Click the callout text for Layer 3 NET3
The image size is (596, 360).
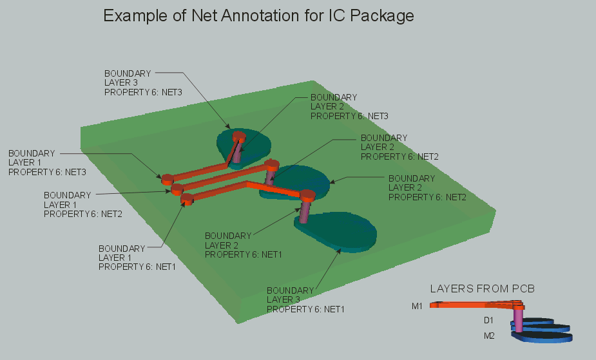click(x=143, y=82)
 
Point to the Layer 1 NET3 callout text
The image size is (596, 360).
click(x=46, y=162)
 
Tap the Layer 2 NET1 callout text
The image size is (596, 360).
click(x=243, y=245)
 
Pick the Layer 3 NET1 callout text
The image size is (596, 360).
click(x=305, y=299)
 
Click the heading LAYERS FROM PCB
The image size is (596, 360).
click(x=483, y=288)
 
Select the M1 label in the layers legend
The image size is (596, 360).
click(x=417, y=306)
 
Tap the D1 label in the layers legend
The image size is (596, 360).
click(x=488, y=320)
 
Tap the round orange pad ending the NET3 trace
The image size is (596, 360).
click(x=167, y=178)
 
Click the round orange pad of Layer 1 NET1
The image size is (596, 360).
click(x=187, y=200)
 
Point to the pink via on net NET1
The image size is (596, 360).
click(x=305, y=207)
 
